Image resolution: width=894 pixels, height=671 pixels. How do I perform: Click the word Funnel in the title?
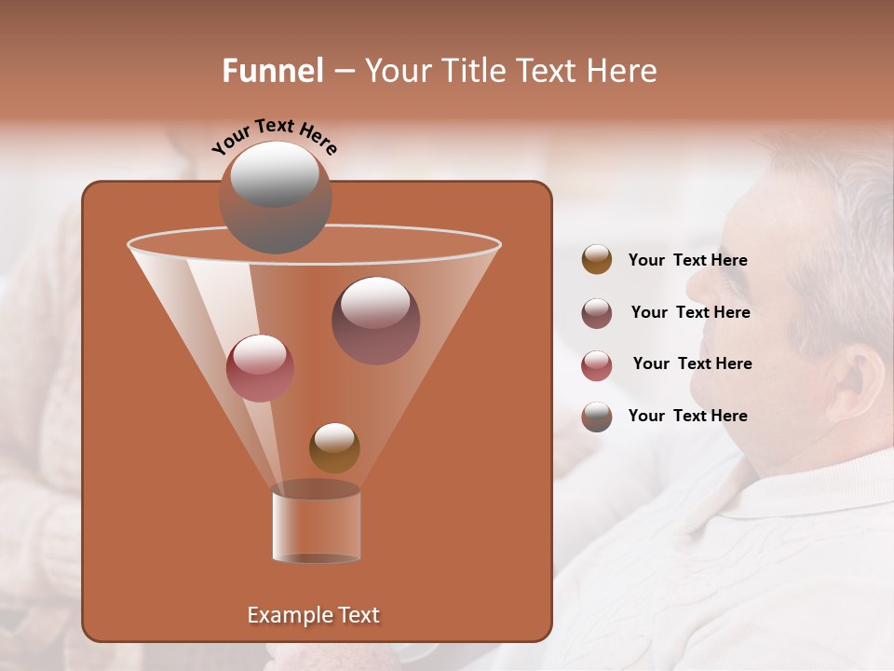point(273,71)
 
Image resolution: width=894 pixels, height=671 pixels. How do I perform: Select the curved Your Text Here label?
point(274,137)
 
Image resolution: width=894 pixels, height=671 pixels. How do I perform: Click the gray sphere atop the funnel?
point(275,198)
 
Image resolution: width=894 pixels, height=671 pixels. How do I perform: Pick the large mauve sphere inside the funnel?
point(375,321)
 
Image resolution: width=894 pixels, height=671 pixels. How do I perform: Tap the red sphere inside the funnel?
point(260,368)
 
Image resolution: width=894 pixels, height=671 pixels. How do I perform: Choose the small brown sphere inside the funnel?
point(334,448)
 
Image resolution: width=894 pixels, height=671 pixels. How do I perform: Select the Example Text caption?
point(314,615)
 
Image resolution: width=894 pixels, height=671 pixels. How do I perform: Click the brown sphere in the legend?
point(597,260)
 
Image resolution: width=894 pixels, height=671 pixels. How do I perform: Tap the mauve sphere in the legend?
point(597,313)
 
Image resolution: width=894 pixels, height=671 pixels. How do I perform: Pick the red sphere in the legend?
point(597,365)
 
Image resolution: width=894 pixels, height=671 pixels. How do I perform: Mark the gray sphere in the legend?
point(597,417)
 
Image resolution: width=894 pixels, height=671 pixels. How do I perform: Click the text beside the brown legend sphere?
point(687,261)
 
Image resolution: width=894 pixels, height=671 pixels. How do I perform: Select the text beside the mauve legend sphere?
point(690,313)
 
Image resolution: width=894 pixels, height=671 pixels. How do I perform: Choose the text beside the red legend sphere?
point(692,364)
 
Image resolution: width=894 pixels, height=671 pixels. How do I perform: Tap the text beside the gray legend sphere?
point(687,417)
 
